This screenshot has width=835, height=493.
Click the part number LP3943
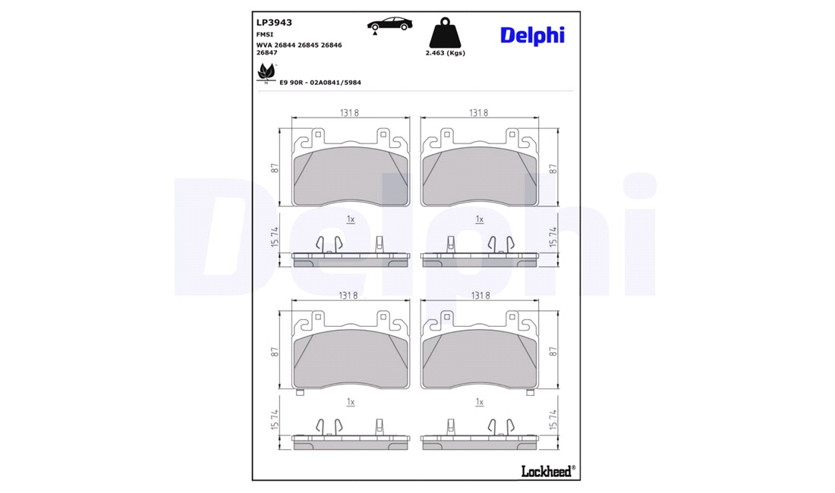(x=274, y=22)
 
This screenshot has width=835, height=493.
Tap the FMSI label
(x=265, y=35)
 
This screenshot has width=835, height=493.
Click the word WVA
(x=264, y=46)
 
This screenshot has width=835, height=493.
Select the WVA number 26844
(x=285, y=46)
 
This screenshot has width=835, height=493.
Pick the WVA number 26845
(x=307, y=46)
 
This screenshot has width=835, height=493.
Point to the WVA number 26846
(x=331, y=46)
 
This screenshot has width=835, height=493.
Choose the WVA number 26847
(x=266, y=52)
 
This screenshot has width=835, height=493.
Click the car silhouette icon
(x=390, y=24)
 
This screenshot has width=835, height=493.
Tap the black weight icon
(x=445, y=33)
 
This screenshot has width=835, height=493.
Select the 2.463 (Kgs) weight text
(x=445, y=53)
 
